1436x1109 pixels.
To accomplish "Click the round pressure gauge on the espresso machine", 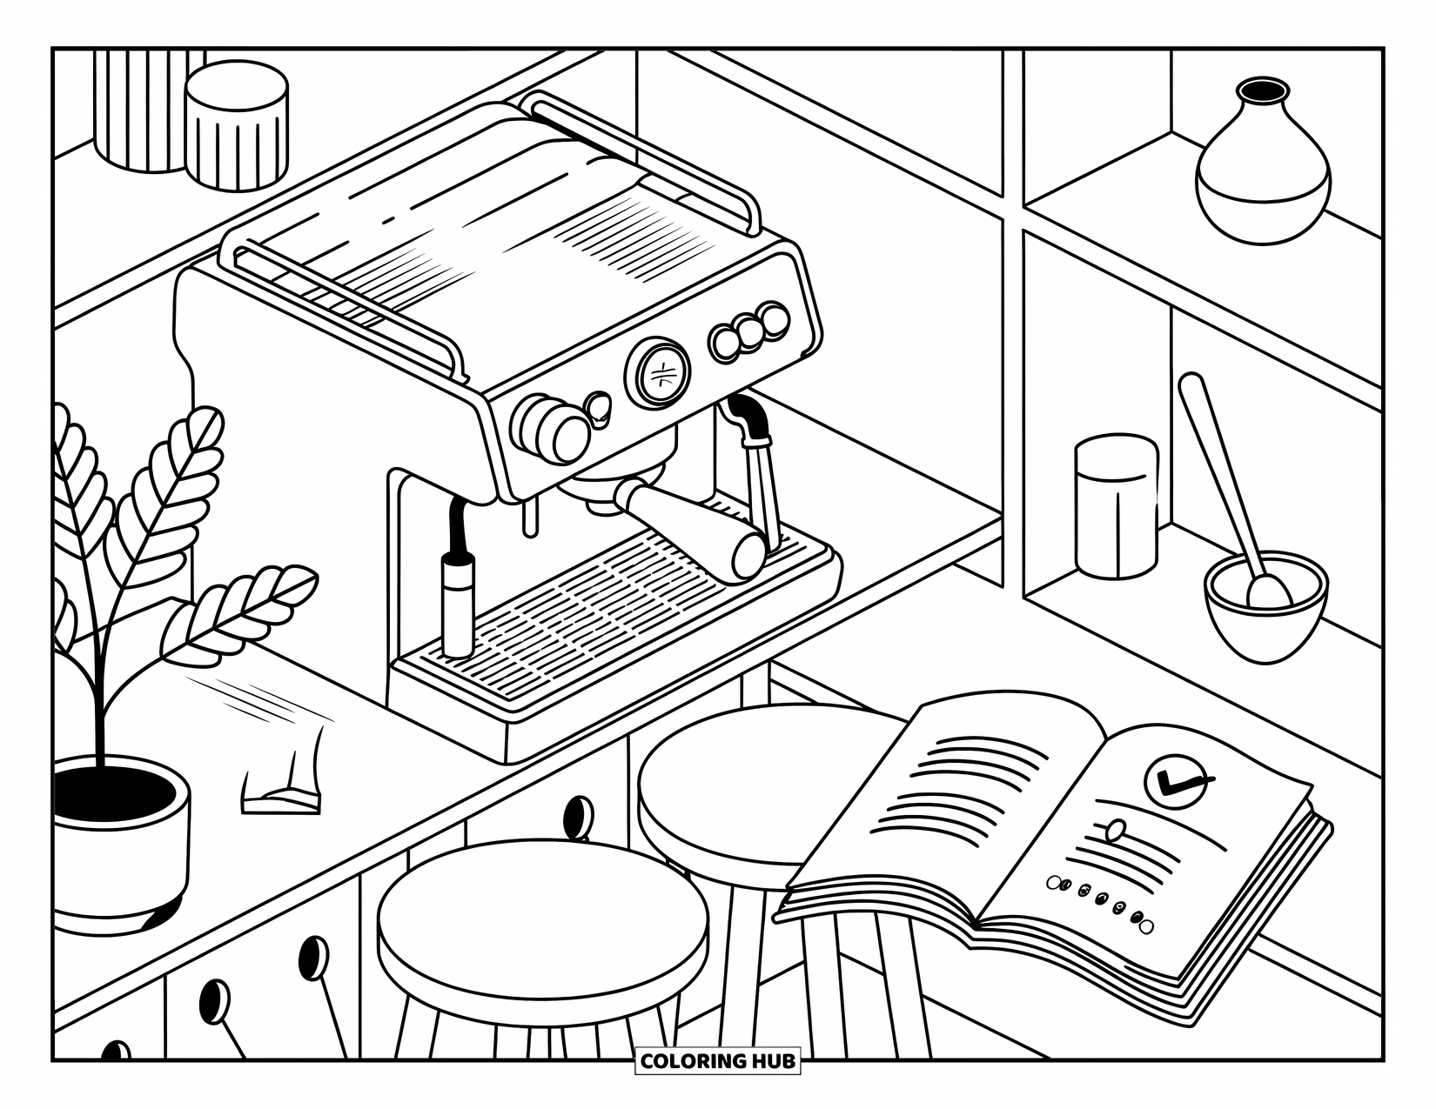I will tap(657, 373).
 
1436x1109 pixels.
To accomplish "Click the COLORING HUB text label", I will tap(718, 1061).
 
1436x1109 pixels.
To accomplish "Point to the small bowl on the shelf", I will tap(1265, 609).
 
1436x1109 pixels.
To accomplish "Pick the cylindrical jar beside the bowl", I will tap(1116, 506).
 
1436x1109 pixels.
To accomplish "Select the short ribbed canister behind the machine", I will tap(237, 126).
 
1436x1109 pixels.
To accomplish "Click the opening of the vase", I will tap(1263, 90).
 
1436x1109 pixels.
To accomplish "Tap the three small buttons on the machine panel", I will tap(749, 330).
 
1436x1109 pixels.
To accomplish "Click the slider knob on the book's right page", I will tap(1115, 828).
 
